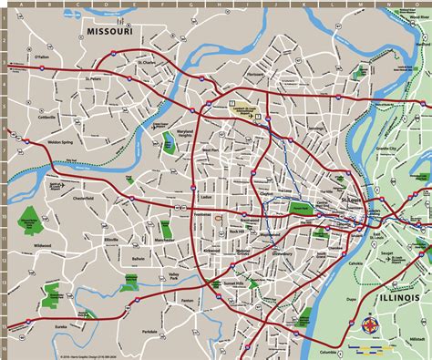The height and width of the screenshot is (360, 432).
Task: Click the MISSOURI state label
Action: pos(110,33)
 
